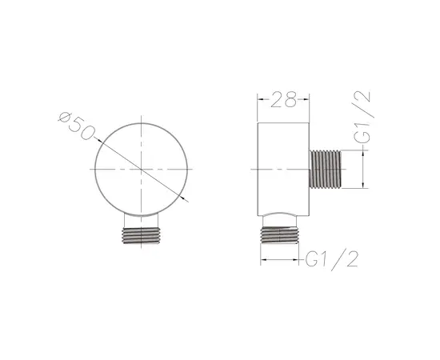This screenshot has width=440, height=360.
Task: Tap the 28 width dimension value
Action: [282, 100]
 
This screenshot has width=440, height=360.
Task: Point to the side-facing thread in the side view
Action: [325, 169]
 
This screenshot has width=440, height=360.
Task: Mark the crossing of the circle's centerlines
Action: [142, 170]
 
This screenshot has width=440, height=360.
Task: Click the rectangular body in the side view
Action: [282, 169]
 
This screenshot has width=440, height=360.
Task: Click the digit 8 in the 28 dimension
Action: [290, 100]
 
